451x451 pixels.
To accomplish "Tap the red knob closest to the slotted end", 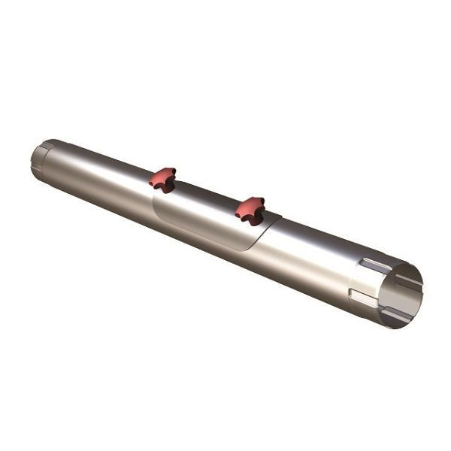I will [x=250, y=209].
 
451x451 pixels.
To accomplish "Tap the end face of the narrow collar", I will [x=35, y=159].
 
